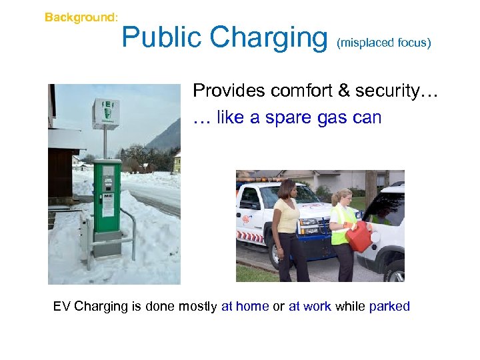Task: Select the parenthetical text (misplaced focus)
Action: click(384, 43)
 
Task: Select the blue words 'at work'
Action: click(310, 307)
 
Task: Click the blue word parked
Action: click(389, 307)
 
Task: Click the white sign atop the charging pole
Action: click(105, 113)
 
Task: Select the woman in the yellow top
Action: click(287, 227)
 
